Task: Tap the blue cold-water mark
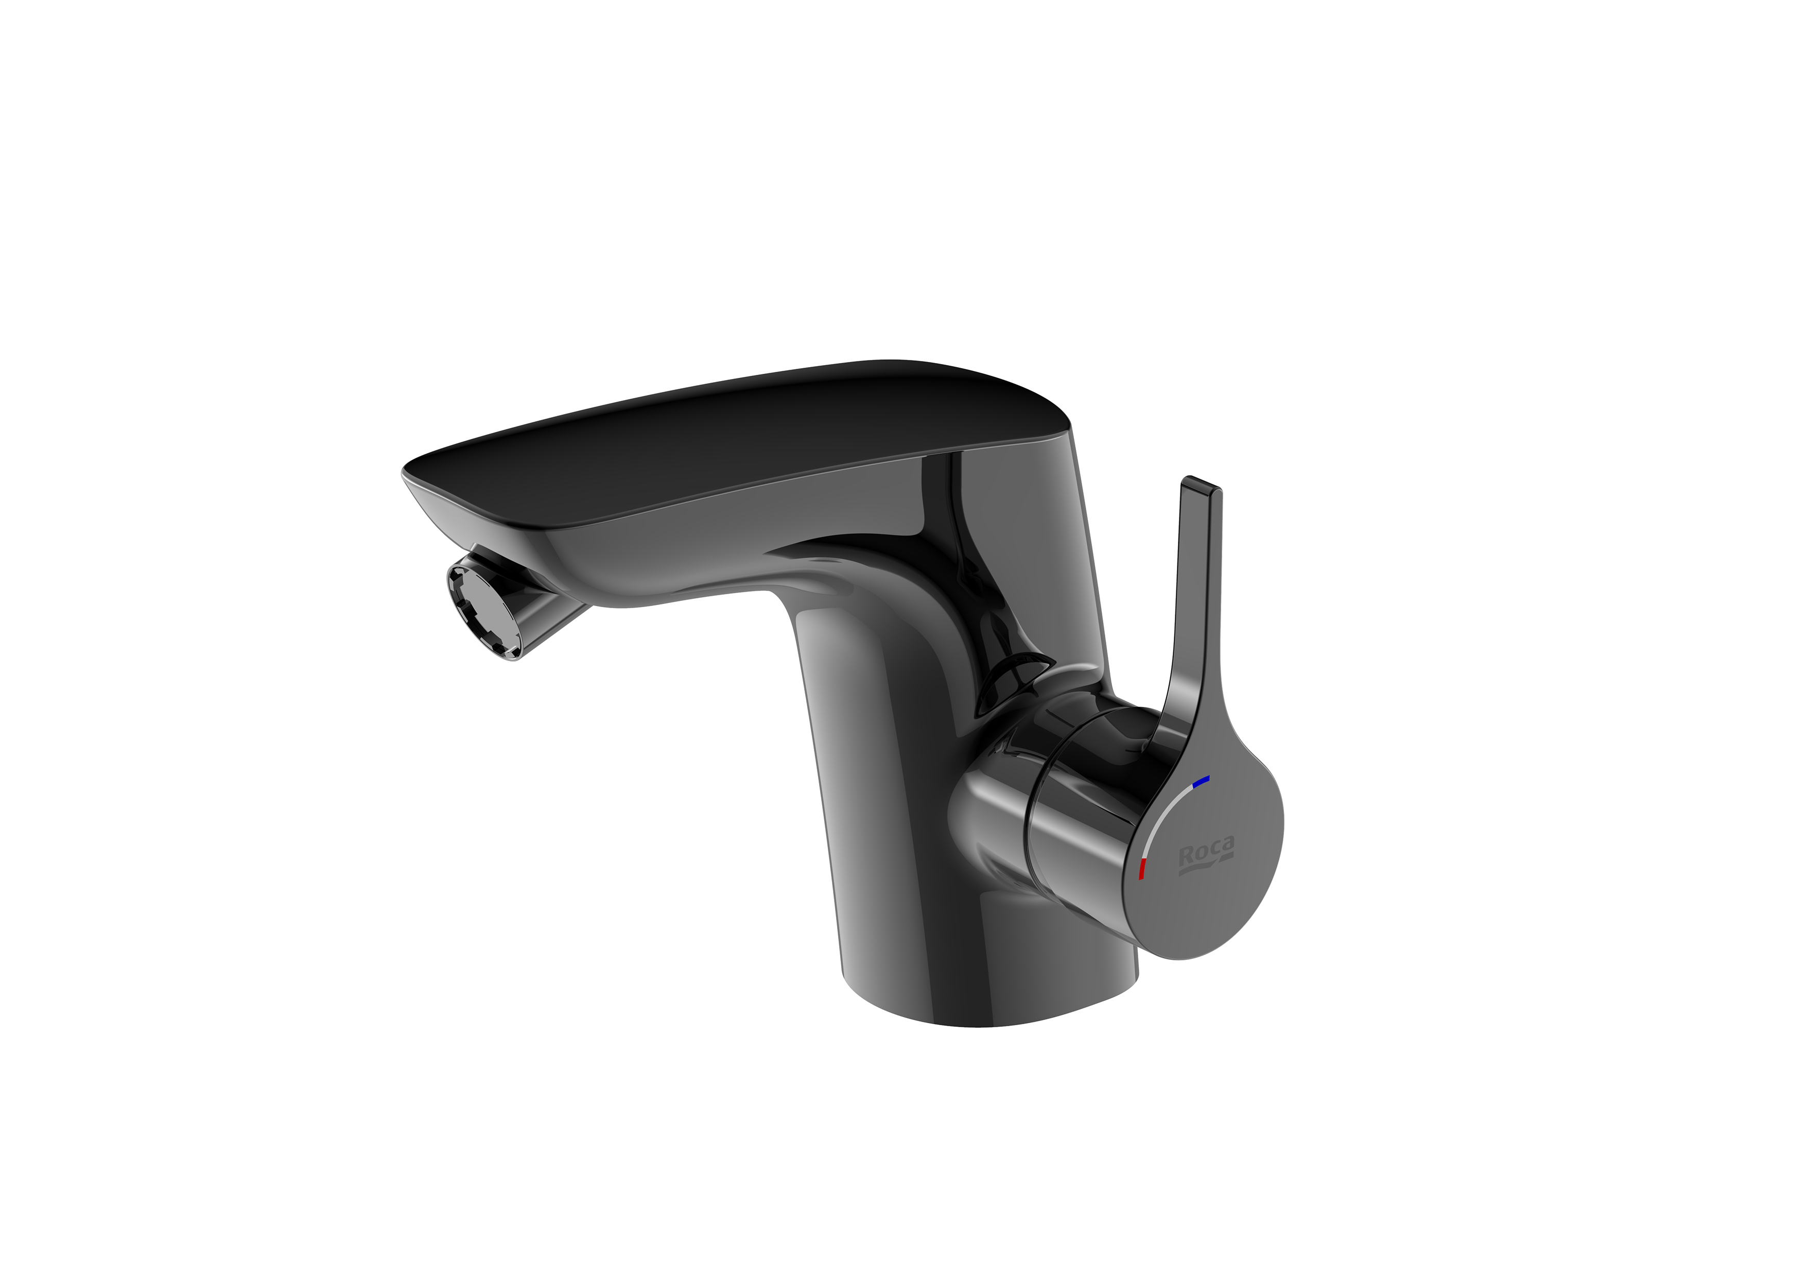[1201, 781]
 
